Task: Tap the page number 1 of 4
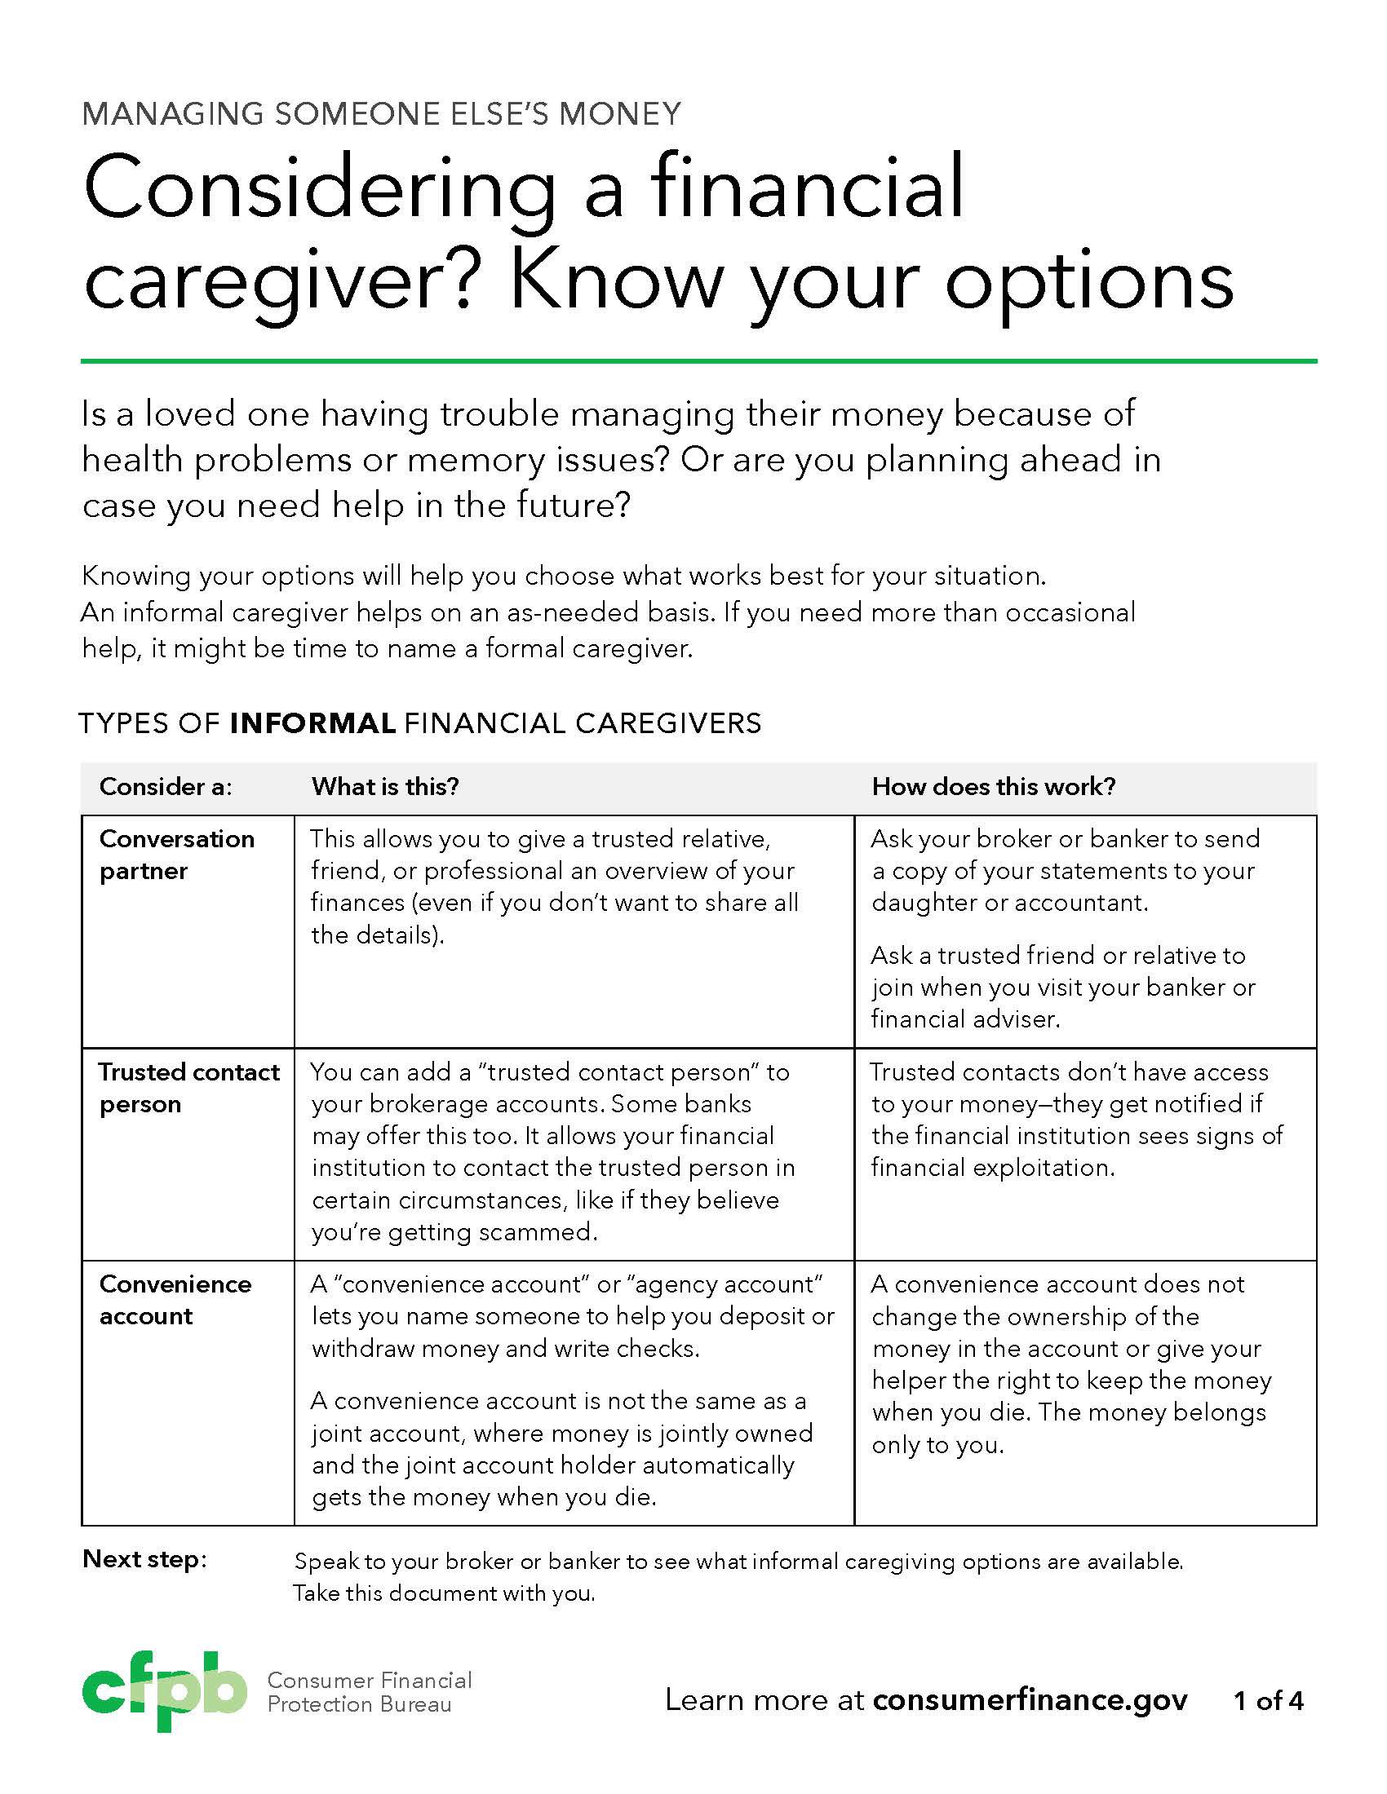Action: [1268, 1699]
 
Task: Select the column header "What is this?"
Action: [384, 787]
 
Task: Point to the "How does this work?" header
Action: [994, 787]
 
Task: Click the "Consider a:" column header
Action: [165, 787]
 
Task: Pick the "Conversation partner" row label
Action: [177, 855]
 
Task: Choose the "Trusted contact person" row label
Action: [188, 1088]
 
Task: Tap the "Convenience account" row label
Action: [175, 1300]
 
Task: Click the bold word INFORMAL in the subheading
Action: [313, 723]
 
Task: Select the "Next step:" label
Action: [144, 1558]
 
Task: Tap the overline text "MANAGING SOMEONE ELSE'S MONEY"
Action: [381, 113]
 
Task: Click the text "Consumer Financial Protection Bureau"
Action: [369, 1692]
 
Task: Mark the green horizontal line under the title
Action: [698, 360]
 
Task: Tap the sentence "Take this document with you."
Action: [444, 1593]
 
